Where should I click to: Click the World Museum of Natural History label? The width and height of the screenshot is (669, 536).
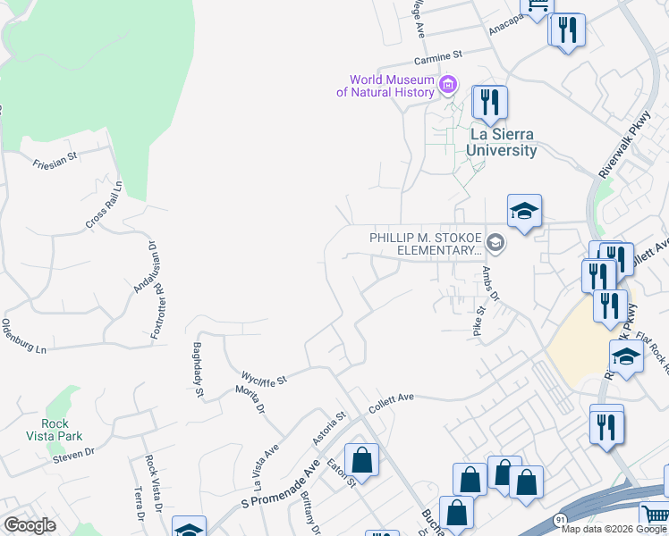[386, 85]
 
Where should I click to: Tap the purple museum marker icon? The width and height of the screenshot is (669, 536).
[448, 86]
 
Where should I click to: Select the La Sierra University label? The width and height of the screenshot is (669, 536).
[504, 142]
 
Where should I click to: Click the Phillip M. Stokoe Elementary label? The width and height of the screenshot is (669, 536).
[426, 243]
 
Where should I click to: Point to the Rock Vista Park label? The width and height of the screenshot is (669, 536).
[62, 430]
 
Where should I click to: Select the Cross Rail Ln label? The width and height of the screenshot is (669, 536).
[104, 206]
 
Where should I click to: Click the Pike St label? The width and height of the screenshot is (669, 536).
[478, 322]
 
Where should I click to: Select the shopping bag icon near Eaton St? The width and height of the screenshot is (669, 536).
[361, 461]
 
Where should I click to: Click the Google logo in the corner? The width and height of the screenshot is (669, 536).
[30, 524]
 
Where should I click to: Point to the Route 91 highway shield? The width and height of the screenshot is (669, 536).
[561, 518]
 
